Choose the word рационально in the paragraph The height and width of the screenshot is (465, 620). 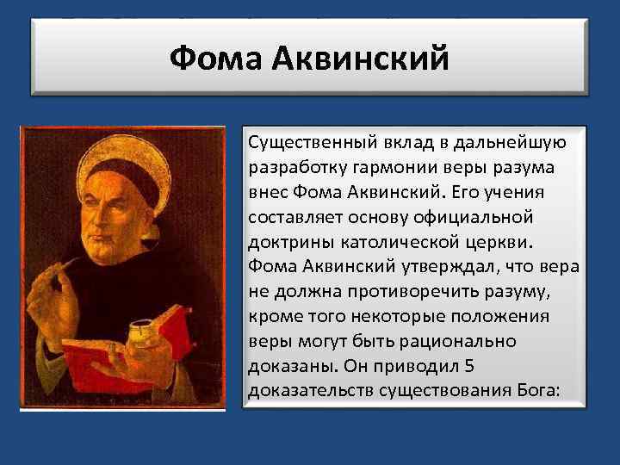tap(469, 340)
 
